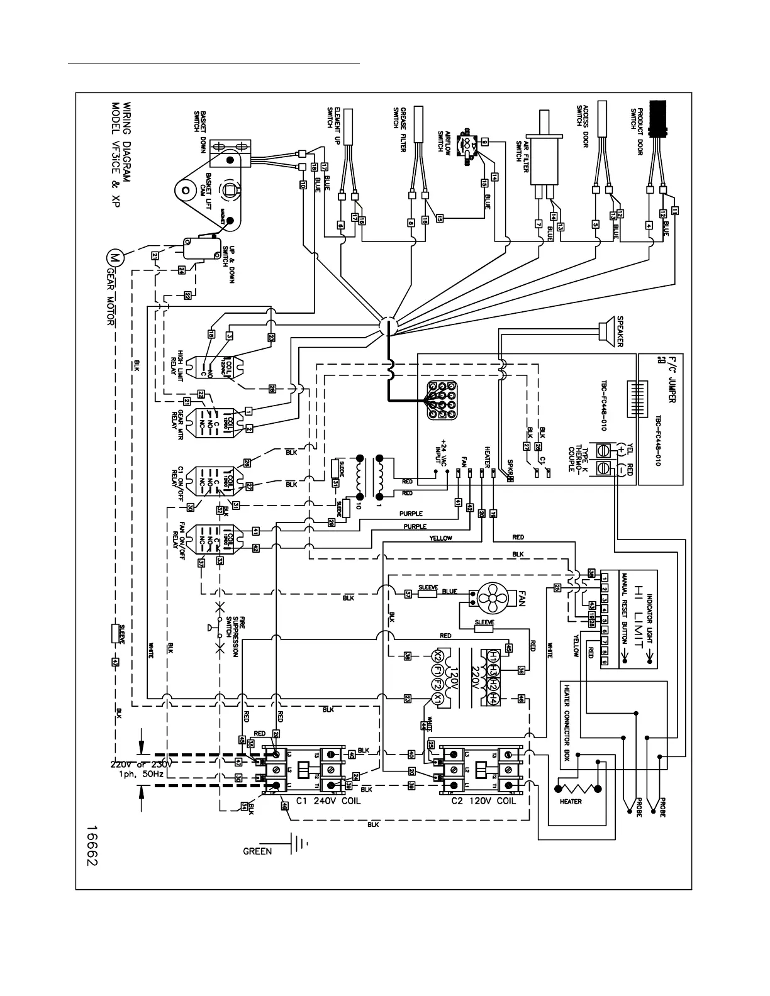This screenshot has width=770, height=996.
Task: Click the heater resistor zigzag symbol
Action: point(577,788)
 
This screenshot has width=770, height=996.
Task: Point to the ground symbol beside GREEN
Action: point(297,844)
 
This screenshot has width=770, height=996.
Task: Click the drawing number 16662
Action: point(92,837)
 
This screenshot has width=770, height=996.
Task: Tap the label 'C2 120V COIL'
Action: point(483,802)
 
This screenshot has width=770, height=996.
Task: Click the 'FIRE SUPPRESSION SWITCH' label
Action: point(232,636)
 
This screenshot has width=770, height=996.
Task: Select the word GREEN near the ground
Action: point(258,851)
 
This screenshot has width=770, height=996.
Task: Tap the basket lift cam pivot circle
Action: point(186,187)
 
